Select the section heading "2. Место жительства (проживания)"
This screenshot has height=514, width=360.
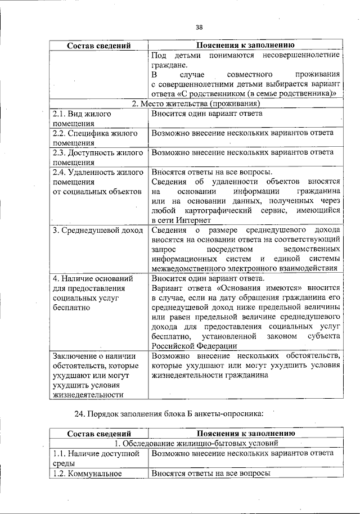[x=195, y=103]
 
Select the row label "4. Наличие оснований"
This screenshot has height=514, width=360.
[x=92, y=278]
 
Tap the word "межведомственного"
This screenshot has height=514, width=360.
[x=188, y=268]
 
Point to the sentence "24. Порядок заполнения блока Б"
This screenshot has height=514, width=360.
[x=168, y=414]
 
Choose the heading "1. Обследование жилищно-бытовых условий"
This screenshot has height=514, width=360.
[x=195, y=443]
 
